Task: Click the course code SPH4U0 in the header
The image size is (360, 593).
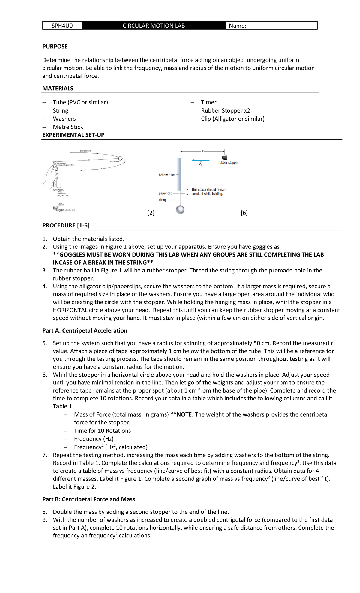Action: [x=62, y=26]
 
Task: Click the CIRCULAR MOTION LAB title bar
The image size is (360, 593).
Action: [x=154, y=26]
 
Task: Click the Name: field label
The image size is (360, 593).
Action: [x=237, y=26]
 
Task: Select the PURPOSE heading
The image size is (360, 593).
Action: [x=55, y=47]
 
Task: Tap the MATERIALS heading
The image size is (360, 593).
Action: [x=58, y=89]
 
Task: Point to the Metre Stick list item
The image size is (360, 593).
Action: [x=68, y=127]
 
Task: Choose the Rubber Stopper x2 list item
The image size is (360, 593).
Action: [x=225, y=110]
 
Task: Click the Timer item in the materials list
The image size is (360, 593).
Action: [x=208, y=102]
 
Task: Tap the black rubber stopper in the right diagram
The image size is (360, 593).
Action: [x=224, y=158]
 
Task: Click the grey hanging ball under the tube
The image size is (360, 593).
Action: [x=180, y=209]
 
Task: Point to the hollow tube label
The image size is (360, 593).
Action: [x=166, y=175]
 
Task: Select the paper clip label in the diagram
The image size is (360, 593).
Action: [x=165, y=194]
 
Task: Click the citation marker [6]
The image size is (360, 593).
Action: [x=244, y=213]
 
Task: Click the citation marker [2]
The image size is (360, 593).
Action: [x=151, y=213]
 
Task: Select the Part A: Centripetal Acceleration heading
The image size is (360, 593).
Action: [x=85, y=330]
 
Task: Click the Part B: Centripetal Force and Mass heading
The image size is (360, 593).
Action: [x=88, y=499]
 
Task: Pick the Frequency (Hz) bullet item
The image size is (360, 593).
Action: [x=94, y=439]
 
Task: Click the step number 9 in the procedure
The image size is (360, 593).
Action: [x=44, y=520]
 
